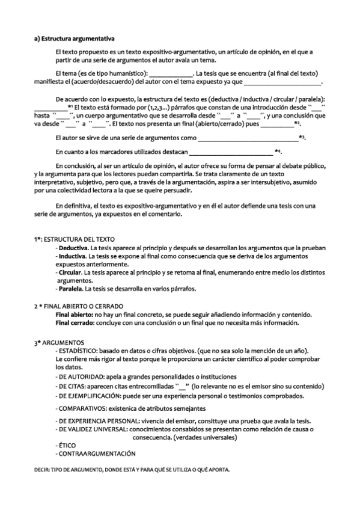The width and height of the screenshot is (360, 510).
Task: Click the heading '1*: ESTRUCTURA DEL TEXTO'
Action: pos(70,239)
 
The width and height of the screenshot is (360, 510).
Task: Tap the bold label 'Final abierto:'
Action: pos(75,315)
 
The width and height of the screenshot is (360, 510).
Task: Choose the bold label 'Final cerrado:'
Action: pos(76,323)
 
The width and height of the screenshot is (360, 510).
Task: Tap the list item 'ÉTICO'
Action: pos(64,444)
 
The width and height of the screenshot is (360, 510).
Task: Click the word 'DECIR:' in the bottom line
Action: pos(42,469)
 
